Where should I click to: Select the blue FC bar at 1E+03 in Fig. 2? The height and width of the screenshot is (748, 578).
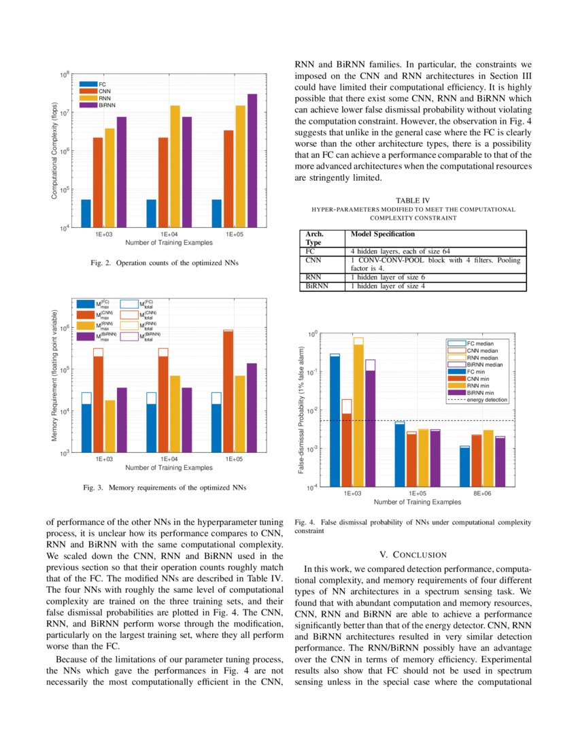point(86,214)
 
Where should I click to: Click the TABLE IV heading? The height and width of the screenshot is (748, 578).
point(413,200)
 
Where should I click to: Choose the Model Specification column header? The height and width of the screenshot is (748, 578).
point(382,234)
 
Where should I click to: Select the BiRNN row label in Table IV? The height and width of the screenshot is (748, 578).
point(317,286)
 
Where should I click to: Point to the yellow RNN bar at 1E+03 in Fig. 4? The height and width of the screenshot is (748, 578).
point(358,415)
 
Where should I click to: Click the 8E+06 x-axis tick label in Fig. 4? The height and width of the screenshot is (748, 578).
point(482,494)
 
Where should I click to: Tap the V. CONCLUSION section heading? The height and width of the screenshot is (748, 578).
point(413,555)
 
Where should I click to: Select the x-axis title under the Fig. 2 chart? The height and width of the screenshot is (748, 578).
point(169,242)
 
